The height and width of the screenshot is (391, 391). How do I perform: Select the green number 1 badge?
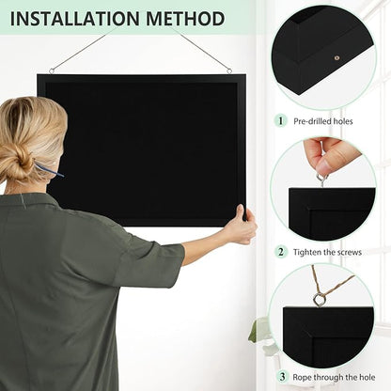click(x=280, y=120)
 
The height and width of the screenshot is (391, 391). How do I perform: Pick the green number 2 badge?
click(x=280, y=251)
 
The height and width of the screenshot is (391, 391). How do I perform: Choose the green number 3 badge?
click(x=280, y=377)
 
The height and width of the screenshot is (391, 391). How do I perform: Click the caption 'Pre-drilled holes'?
click(x=325, y=121)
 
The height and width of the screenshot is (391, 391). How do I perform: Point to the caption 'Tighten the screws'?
click(x=328, y=252)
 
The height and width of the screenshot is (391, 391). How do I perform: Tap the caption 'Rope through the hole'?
click(x=333, y=378)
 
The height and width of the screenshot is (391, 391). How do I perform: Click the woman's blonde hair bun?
click(x=16, y=164)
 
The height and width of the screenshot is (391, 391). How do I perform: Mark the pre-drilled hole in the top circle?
click(x=336, y=58)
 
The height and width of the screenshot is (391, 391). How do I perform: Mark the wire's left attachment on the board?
click(x=52, y=70)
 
